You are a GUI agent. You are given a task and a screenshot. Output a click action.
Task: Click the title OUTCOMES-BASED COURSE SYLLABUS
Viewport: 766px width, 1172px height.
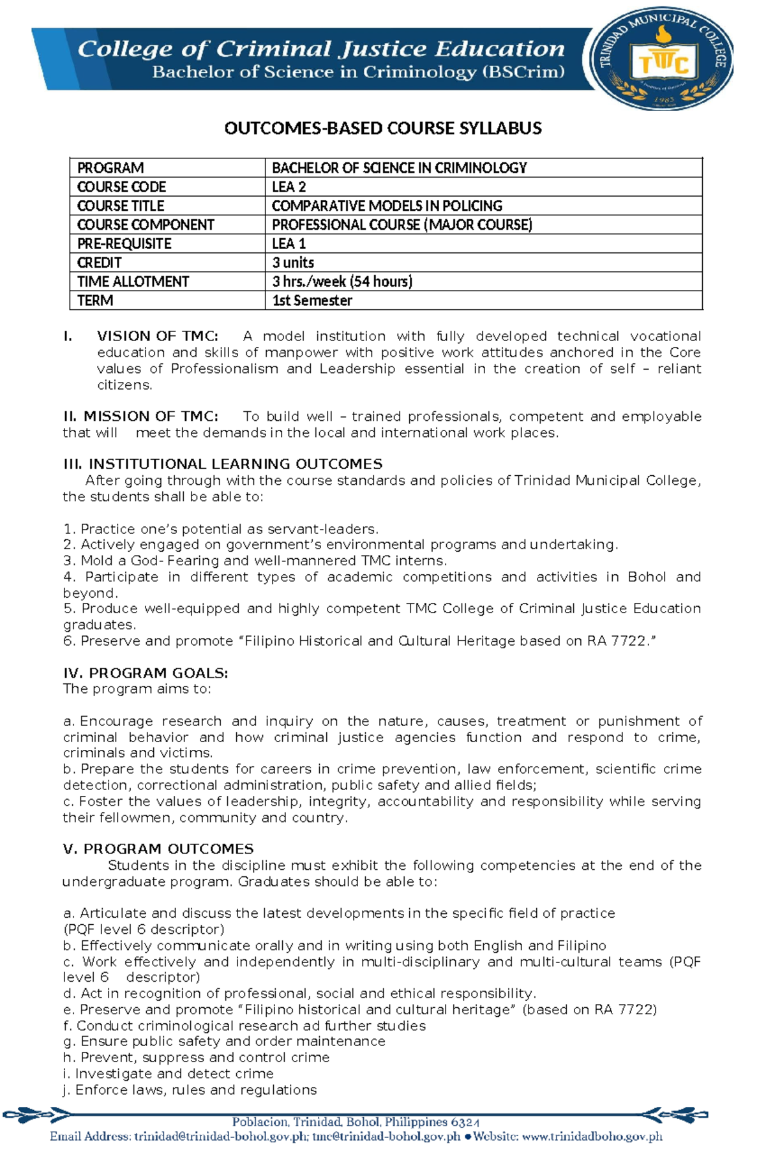click(x=382, y=128)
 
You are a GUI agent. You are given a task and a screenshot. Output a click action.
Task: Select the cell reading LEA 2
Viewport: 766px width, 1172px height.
click(x=289, y=187)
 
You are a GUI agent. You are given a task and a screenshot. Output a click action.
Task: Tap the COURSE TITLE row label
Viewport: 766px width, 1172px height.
click(x=121, y=206)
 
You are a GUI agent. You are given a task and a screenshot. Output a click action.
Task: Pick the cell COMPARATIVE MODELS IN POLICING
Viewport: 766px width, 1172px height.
click(x=387, y=206)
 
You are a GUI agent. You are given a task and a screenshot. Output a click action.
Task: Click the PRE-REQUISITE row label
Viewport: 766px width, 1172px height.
click(x=124, y=244)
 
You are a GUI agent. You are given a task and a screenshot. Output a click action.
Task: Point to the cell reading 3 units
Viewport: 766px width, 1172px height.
click(x=293, y=263)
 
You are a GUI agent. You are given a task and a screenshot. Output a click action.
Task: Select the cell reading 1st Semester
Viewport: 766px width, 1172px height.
click(x=312, y=301)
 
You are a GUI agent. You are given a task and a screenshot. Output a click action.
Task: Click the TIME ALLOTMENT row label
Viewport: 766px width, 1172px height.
click(x=133, y=282)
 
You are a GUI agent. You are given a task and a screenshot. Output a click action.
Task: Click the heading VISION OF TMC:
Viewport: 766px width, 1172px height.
click(x=157, y=337)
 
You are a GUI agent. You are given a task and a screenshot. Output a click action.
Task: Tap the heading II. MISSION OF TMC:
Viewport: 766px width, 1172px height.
click(x=140, y=416)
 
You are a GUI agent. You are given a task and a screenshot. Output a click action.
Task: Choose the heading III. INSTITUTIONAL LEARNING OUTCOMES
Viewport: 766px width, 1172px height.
click(x=223, y=464)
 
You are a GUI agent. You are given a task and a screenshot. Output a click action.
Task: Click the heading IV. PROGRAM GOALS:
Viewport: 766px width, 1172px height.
click(x=146, y=673)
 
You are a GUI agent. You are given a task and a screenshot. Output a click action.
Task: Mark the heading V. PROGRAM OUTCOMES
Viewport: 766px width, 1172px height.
click(x=158, y=849)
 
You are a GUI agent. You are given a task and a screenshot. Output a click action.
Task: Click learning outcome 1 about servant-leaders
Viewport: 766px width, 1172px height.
click(x=221, y=529)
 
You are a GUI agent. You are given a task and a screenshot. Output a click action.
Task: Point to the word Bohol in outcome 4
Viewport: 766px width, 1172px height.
click(x=647, y=577)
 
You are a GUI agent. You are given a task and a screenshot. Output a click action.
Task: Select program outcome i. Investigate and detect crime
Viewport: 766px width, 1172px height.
click(x=169, y=1074)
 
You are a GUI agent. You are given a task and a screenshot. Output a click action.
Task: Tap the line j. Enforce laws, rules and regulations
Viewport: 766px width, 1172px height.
click(x=190, y=1090)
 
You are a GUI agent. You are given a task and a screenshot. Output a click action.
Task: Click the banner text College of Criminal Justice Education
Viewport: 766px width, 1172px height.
click(x=321, y=49)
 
